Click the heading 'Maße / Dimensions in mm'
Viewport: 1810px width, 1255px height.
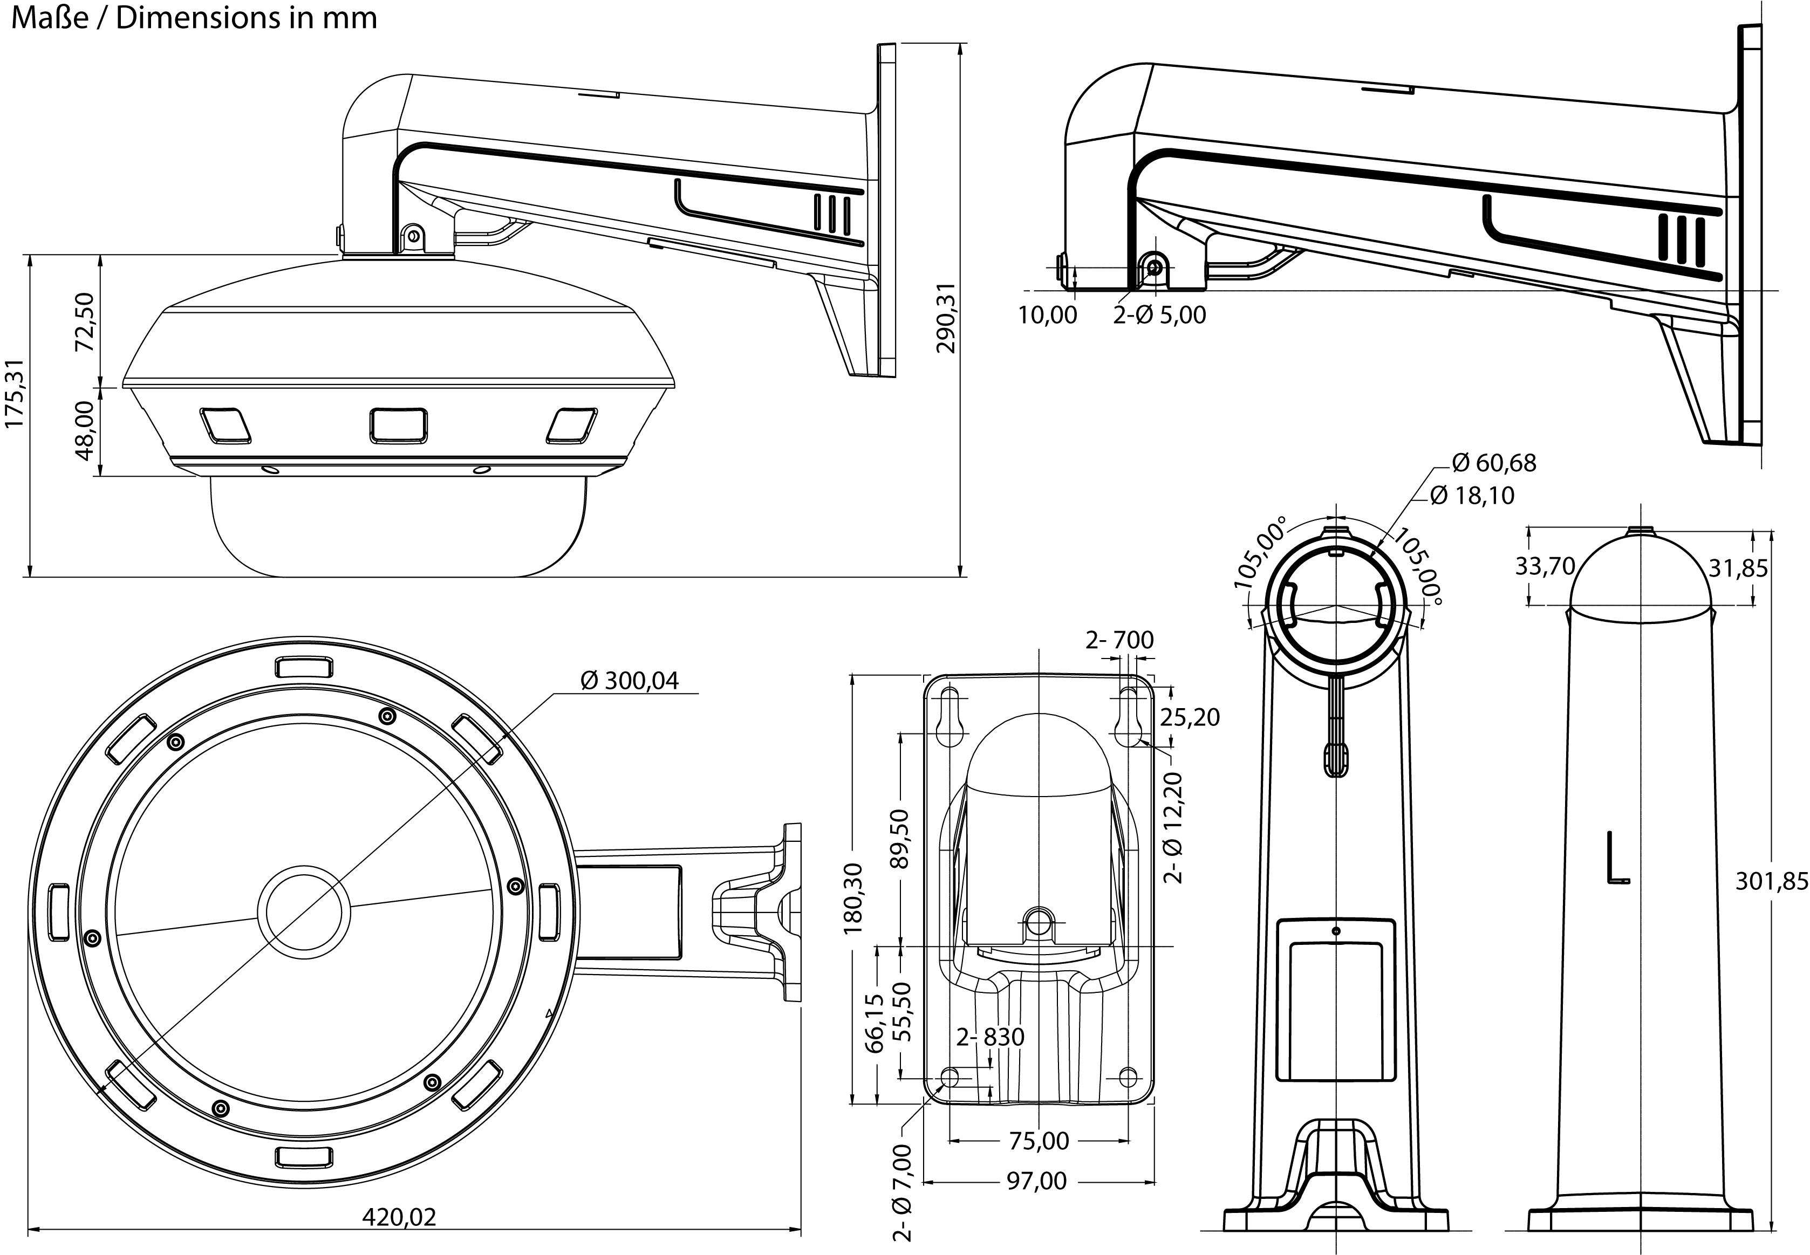pyautogui.click(x=194, y=18)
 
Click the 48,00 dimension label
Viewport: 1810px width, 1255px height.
pyautogui.click(x=85, y=430)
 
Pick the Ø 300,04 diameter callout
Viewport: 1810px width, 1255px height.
pyautogui.click(x=629, y=680)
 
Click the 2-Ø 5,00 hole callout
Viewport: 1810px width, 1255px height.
pyautogui.click(x=1159, y=316)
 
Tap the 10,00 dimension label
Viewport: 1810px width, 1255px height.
pyautogui.click(x=1048, y=316)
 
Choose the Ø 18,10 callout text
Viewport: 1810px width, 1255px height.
pyautogui.click(x=1472, y=496)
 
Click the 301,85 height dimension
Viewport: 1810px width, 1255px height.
pyautogui.click(x=1772, y=882)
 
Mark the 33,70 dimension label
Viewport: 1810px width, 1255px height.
pyautogui.click(x=1545, y=566)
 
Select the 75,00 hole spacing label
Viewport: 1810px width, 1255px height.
pyautogui.click(x=1039, y=1141)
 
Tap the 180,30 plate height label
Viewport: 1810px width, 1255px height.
pyautogui.click(x=853, y=898)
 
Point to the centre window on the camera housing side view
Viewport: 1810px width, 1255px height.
pyautogui.click(x=399, y=426)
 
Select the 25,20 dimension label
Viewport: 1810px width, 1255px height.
pyautogui.click(x=1190, y=717)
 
